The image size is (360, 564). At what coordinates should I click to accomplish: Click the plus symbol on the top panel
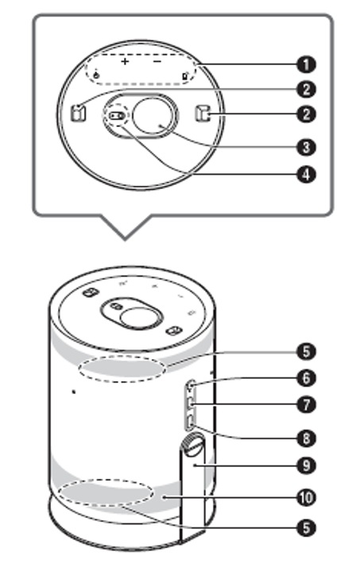[125, 61]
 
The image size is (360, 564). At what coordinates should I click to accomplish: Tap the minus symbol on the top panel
[157, 61]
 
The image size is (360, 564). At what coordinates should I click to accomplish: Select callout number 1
[306, 65]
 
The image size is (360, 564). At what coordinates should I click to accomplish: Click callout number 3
[306, 147]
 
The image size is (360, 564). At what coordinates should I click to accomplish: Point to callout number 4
[306, 175]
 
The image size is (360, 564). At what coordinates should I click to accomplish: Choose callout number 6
[306, 378]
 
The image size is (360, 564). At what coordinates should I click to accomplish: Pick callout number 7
[306, 405]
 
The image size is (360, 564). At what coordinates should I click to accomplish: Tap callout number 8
[306, 438]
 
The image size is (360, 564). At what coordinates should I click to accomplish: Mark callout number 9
[306, 465]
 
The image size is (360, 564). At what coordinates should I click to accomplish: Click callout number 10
[306, 498]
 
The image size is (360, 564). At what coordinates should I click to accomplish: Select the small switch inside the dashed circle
[116, 116]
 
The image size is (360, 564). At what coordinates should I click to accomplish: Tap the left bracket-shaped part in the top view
[78, 113]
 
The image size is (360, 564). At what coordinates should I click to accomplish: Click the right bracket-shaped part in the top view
[203, 113]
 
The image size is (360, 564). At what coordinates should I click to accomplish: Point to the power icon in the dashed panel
[96, 75]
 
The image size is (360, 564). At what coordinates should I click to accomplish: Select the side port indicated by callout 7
[191, 404]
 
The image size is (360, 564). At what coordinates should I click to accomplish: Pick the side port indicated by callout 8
[191, 423]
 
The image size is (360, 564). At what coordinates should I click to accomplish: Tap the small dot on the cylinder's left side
[74, 392]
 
